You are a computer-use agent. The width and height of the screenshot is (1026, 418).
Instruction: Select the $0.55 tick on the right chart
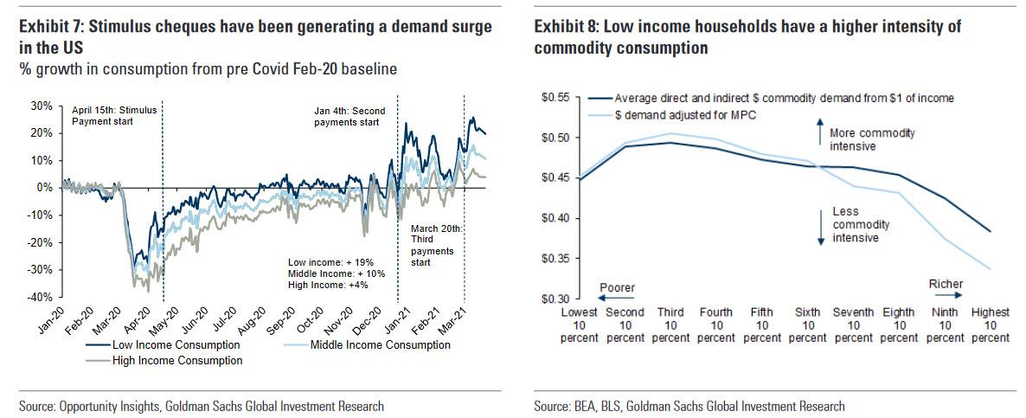555,98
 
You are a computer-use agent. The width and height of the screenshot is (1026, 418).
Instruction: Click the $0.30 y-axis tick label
555,299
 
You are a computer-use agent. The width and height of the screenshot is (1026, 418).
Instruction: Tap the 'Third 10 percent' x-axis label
671,325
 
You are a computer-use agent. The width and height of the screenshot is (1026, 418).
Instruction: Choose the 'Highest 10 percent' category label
990,325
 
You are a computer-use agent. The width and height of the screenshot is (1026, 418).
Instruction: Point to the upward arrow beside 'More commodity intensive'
817,134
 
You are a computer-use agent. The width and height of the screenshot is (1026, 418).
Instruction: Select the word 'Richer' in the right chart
946,283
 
